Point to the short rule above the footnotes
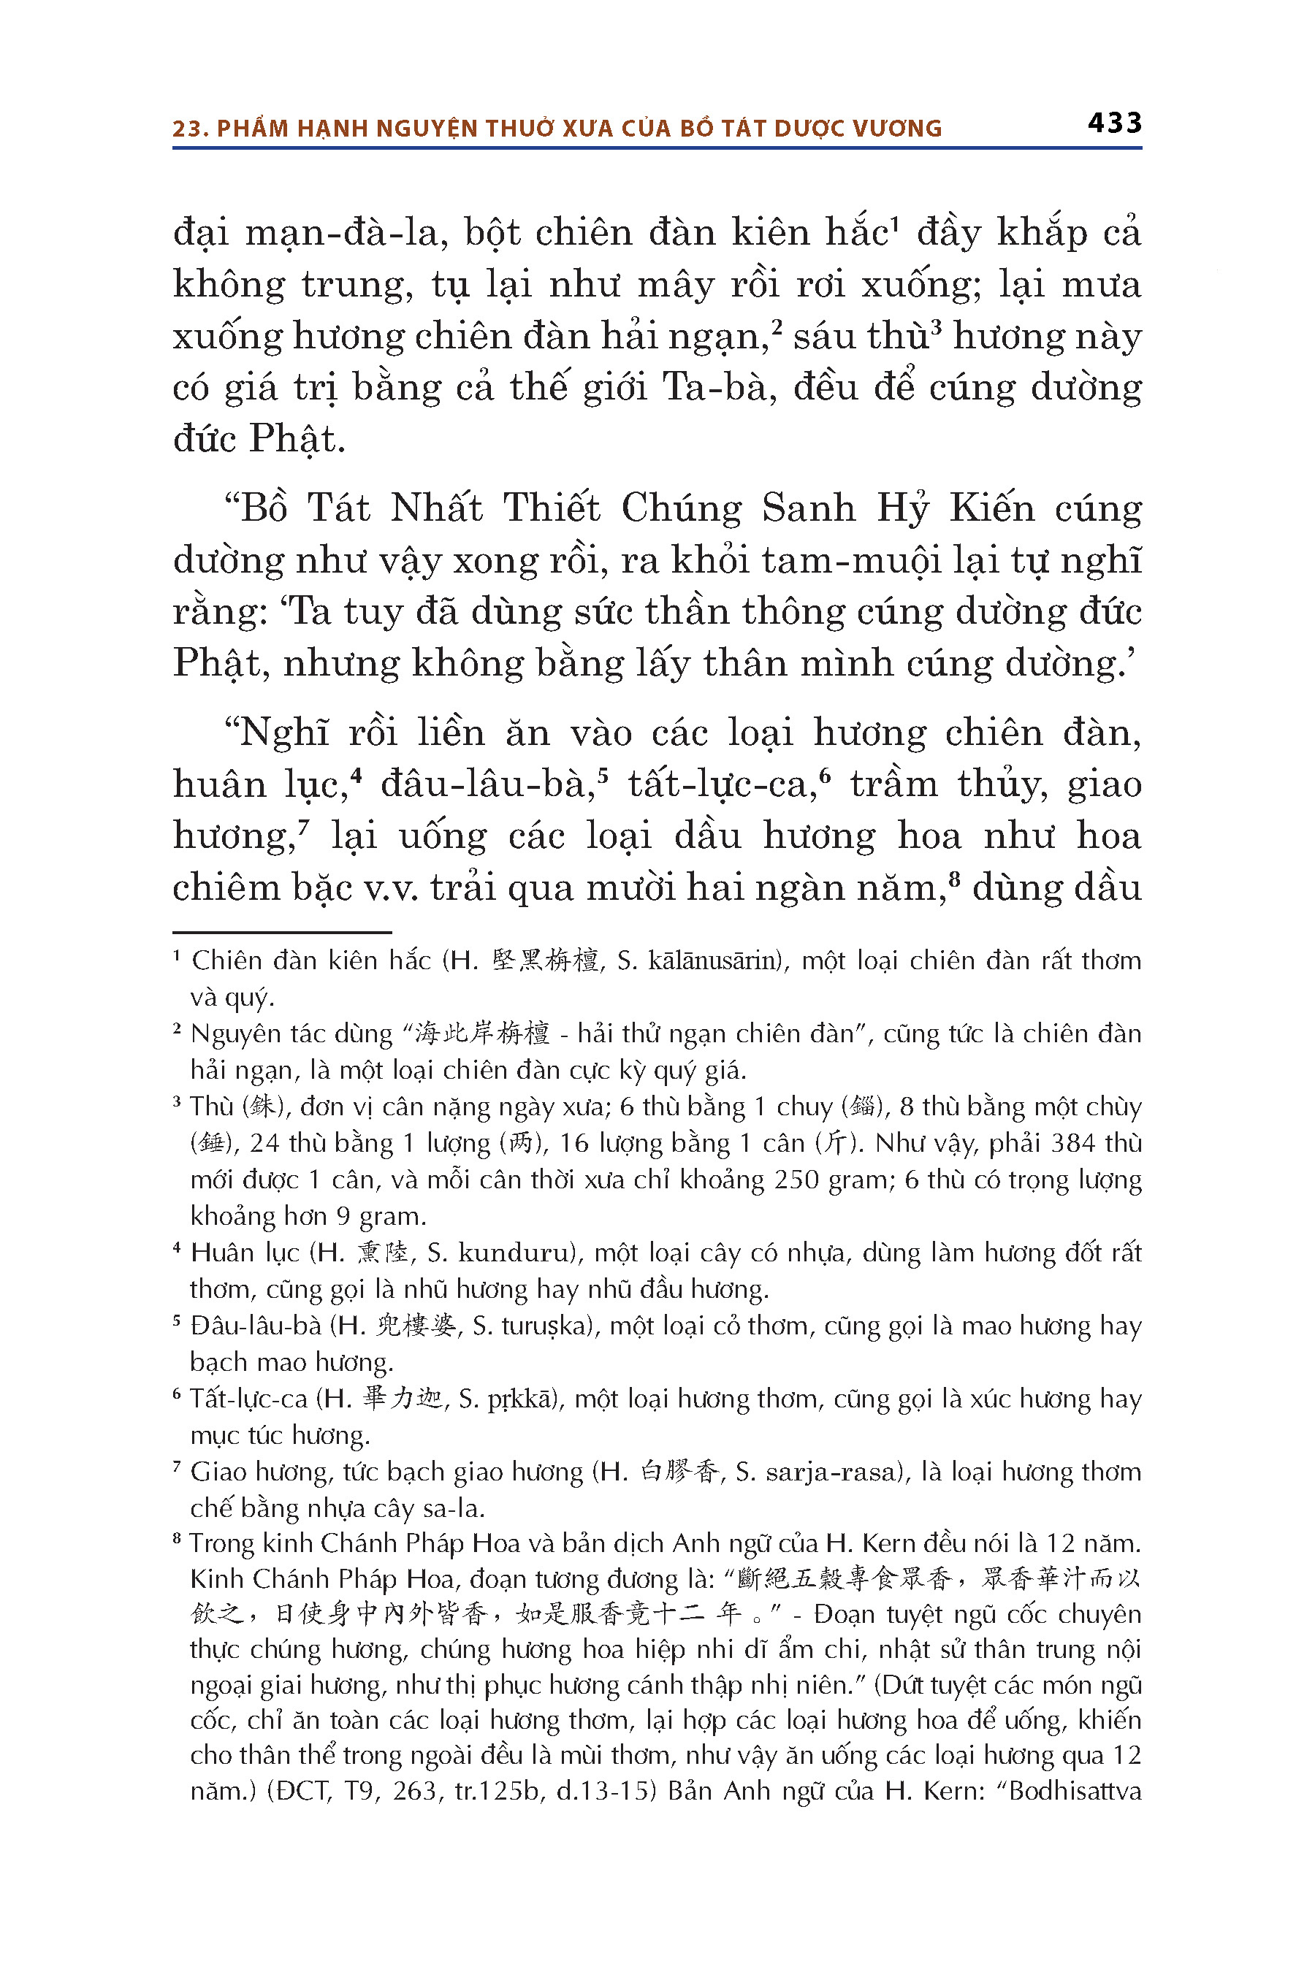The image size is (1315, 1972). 282,931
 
